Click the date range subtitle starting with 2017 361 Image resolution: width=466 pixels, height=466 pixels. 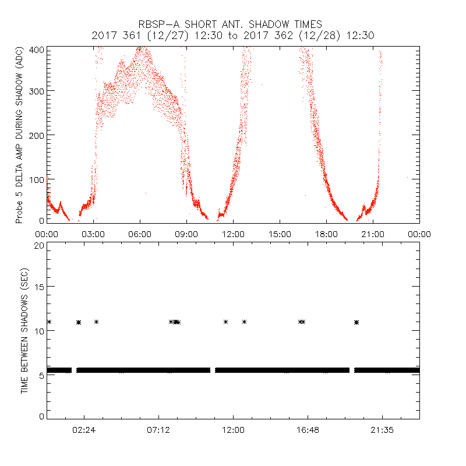pos(233,36)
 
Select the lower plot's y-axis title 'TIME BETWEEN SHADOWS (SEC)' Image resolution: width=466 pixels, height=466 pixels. pos(24,330)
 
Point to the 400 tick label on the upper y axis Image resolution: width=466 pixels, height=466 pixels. pos(38,50)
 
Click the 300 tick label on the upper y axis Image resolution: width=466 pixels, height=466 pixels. pos(38,91)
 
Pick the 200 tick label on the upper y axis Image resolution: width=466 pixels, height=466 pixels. pos(38,135)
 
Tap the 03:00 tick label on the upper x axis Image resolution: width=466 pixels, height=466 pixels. pos(93,234)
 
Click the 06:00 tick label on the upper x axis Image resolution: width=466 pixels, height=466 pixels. pos(140,234)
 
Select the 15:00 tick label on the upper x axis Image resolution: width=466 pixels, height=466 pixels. pos(280,234)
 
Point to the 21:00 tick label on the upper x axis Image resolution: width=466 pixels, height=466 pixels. pos(373,234)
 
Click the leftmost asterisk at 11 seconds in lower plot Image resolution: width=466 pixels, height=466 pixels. pos(50,322)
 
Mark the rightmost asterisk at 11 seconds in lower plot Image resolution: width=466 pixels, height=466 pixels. pos(356,322)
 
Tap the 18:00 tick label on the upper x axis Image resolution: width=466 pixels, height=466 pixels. pos(326,234)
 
